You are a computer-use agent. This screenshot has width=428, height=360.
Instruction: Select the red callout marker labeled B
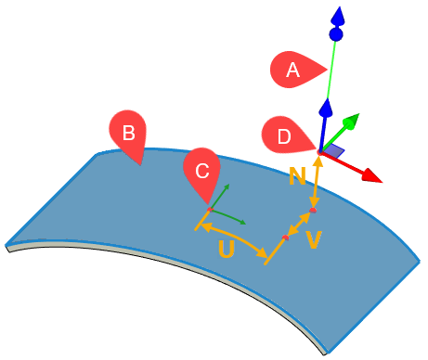coord(128,133)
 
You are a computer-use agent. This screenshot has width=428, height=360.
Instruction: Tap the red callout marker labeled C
coord(202,172)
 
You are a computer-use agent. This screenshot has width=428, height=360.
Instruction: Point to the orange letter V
coord(315,239)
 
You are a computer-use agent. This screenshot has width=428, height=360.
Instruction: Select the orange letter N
coord(298,175)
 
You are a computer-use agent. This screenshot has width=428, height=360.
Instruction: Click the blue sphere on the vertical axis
coord(337,35)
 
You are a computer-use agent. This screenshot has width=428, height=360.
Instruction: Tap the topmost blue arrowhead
coord(339,16)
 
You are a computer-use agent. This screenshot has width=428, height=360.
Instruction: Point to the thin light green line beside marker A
coord(330,74)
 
